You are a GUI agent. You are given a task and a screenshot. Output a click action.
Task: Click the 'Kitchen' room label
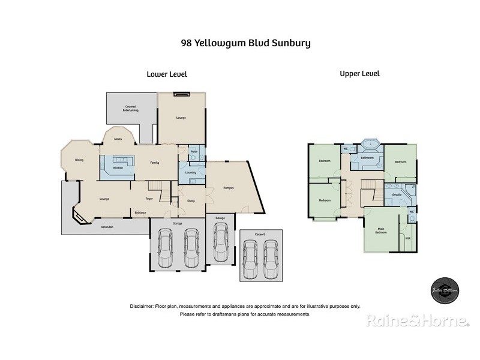pyautogui.click(x=118, y=168)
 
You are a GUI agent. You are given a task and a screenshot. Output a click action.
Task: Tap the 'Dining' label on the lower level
pyautogui.click(x=79, y=160)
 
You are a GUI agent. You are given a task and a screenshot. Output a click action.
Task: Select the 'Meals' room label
pyautogui.click(x=118, y=139)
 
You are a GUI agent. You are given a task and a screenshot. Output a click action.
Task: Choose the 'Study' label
pyautogui.click(x=191, y=201)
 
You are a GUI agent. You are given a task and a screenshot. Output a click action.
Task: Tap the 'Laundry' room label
pyautogui.click(x=191, y=173)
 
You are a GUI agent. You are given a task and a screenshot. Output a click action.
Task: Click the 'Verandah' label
pyautogui.click(x=107, y=227)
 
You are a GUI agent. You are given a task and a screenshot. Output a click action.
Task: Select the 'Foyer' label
pyautogui.click(x=150, y=199)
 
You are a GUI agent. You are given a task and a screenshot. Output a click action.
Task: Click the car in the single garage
pyautogui.click(x=221, y=242)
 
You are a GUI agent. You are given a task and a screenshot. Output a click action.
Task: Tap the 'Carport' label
pyautogui.click(x=259, y=234)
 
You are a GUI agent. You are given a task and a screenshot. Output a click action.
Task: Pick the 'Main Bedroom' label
pyautogui.click(x=381, y=230)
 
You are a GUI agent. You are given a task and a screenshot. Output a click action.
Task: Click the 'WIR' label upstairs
pyautogui.click(x=408, y=238)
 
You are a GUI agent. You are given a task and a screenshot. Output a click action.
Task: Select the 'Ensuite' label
pyautogui.click(x=397, y=195)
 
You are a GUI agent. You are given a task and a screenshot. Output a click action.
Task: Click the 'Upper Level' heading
pyautogui.click(x=359, y=74)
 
